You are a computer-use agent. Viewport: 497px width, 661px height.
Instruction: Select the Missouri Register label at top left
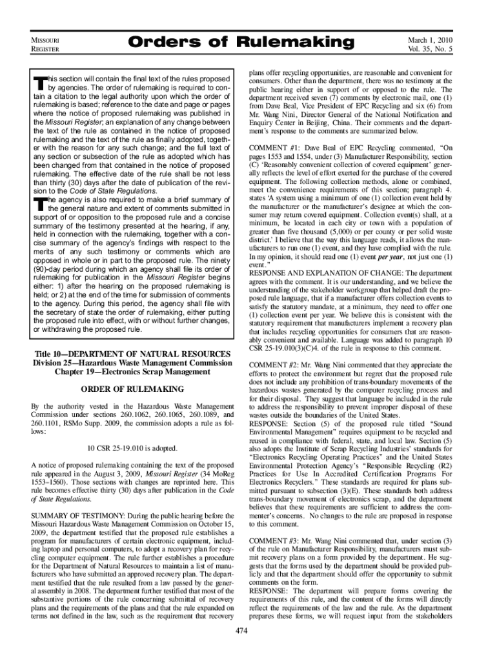pyautogui.click(x=46, y=44)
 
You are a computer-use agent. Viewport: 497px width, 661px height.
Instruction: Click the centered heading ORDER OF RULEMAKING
pyautogui.click(x=132, y=389)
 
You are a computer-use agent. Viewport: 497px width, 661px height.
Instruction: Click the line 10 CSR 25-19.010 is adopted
pyautogui.click(x=132, y=449)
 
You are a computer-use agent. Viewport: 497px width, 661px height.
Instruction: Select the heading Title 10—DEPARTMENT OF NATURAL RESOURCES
pyautogui.click(x=132, y=354)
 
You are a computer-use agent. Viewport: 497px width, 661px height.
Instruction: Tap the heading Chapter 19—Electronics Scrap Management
pyautogui.click(x=132, y=372)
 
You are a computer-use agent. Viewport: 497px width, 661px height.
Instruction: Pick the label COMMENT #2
pyautogui.click(x=274, y=365)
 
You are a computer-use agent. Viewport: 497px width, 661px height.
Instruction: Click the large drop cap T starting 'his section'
pyautogui.click(x=39, y=83)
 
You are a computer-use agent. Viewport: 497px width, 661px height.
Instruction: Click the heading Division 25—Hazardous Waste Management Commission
pyautogui.click(x=132, y=363)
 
